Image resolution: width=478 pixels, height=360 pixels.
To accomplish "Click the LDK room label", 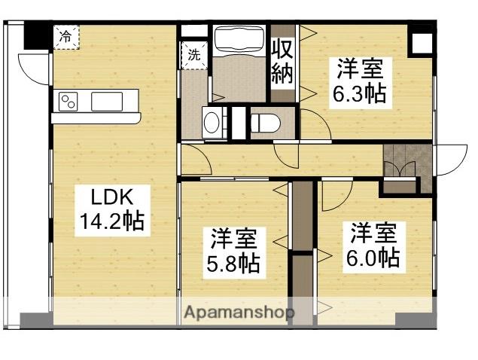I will coord(112,198).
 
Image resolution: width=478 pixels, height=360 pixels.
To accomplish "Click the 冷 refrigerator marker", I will coord(66,35).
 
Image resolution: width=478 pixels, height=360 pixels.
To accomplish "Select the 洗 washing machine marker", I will coord(194,54).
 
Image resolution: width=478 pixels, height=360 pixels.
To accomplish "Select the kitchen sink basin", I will coord(111,101).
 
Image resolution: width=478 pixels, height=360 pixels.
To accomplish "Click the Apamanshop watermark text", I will coord(239,312).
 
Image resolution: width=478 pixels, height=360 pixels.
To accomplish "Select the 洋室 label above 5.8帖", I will coord(233,239).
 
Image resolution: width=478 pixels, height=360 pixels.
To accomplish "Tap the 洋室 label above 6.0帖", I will coord(373,233).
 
